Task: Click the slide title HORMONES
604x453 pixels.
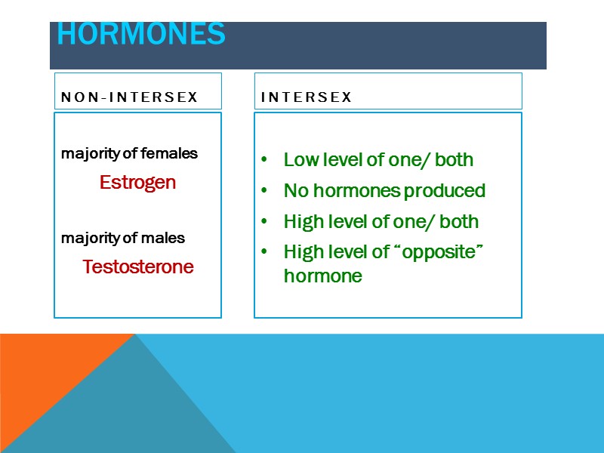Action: coord(141,35)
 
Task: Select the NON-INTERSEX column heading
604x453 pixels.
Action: coord(129,97)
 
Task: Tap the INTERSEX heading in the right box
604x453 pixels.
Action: coord(306,97)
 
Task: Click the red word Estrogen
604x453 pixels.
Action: coord(137,183)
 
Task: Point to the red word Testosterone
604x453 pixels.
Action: coord(138,267)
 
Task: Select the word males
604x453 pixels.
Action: coord(167,239)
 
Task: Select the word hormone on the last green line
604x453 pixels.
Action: coord(322,276)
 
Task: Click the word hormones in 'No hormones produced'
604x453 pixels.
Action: coord(353,191)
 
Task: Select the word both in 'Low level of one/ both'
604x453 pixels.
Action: coord(455,160)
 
